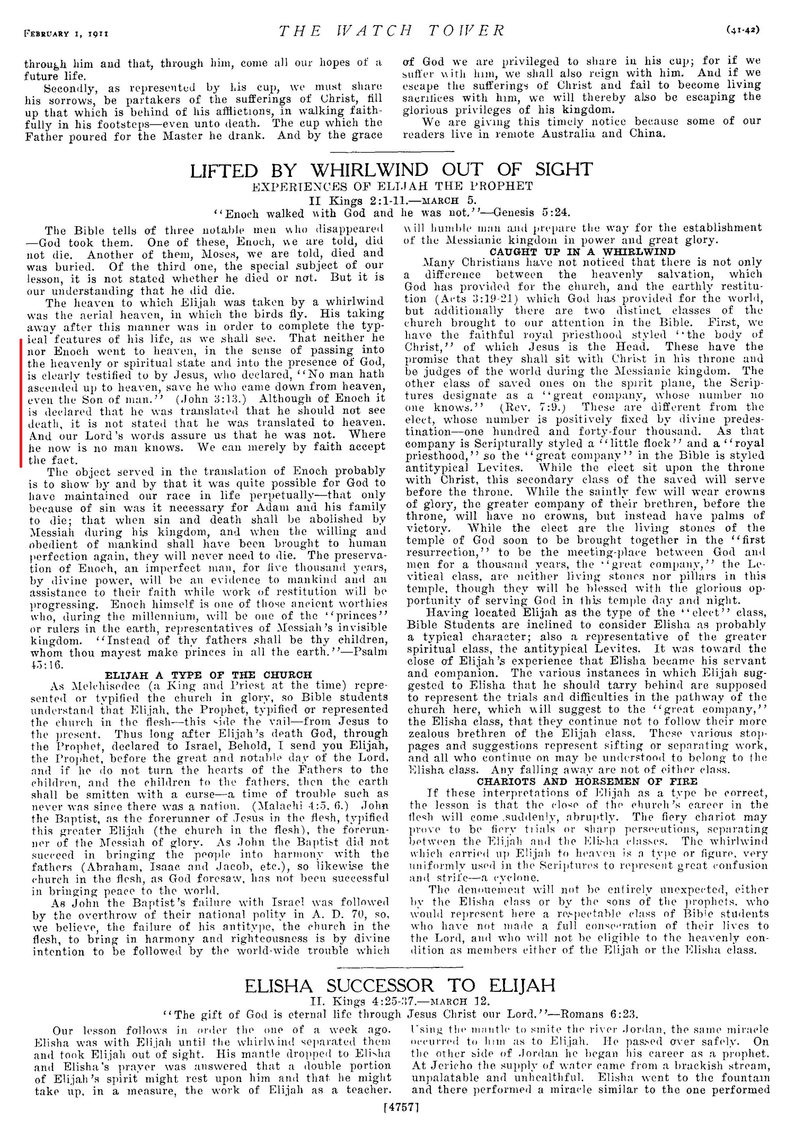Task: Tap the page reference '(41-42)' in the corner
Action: click(742, 30)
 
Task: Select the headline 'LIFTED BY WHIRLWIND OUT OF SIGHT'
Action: click(391, 170)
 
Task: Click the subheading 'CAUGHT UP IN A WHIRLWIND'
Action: click(582, 252)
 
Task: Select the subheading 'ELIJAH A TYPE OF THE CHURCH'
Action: click(209, 675)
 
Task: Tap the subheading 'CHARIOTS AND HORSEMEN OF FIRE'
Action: click(587, 781)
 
